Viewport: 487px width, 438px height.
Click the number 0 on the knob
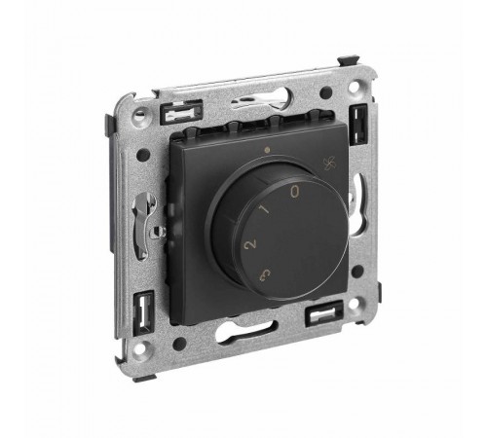pos(294,192)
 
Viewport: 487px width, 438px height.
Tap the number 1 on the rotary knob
pos(265,210)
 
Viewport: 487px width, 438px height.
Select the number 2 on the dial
pos(250,244)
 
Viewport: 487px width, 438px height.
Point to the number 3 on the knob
pos(265,274)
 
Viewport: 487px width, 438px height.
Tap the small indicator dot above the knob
pos(267,150)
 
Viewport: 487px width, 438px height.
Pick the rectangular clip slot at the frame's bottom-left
pos(143,310)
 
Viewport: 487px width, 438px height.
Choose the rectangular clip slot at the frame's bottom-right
pos(324,313)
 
